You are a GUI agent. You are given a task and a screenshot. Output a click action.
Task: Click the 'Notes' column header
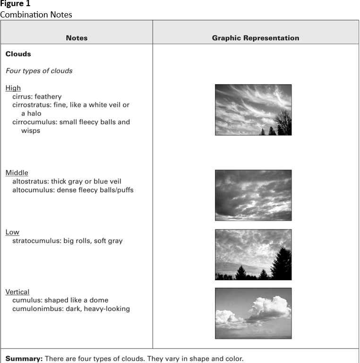click(x=77, y=38)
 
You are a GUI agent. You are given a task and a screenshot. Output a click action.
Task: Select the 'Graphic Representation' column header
click(x=255, y=38)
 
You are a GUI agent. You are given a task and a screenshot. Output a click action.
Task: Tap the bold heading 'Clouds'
click(x=18, y=54)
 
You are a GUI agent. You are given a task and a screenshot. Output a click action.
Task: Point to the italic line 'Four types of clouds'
click(x=39, y=71)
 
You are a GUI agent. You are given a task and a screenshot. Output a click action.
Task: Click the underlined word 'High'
click(x=13, y=88)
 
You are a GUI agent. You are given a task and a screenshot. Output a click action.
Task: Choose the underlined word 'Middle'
click(x=17, y=173)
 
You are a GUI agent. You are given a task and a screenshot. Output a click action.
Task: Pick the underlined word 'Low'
click(x=12, y=232)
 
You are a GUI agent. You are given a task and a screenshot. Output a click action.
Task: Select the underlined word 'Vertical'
click(x=17, y=292)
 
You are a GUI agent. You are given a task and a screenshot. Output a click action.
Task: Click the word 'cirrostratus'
click(x=31, y=105)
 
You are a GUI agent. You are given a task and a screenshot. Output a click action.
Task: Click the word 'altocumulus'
click(x=32, y=190)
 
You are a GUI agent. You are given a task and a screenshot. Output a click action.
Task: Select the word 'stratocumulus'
click(x=36, y=241)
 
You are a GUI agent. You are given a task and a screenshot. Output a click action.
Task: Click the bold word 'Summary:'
click(x=24, y=359)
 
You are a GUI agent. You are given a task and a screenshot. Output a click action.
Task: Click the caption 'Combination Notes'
click(x=36, y=15)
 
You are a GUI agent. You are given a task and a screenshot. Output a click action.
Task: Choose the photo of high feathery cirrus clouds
click(x=253, y=110)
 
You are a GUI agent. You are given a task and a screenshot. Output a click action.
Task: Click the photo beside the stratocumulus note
click(x=253, y=255)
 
